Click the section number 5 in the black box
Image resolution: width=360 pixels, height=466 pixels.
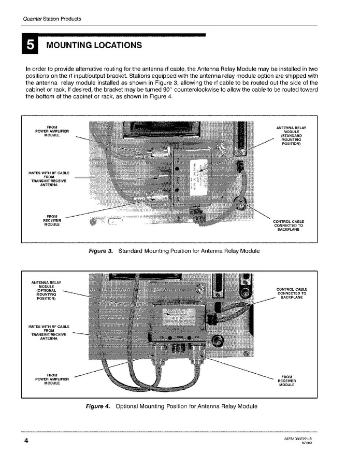point(31,45)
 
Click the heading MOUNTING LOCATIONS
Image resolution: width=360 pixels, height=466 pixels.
point(94,45)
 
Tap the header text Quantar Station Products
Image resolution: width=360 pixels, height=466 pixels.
point(52,19)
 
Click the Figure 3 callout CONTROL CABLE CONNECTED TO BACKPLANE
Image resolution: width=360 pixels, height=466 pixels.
point(288,226)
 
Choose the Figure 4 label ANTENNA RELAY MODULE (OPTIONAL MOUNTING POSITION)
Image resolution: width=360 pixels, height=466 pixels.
point(47,291)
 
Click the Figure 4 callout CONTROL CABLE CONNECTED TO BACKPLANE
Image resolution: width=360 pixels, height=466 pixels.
point(292,293)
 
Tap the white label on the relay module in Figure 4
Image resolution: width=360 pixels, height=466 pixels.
point(179,316)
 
